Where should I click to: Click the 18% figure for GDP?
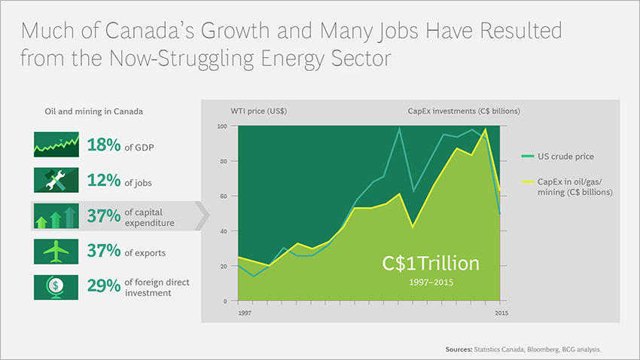coord(104,145)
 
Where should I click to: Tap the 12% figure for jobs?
coord(104,181)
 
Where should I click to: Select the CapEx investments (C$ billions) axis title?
coord(459,111)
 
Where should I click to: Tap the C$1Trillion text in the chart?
coord(429,264)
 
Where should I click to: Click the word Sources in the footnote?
coord(458,349)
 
